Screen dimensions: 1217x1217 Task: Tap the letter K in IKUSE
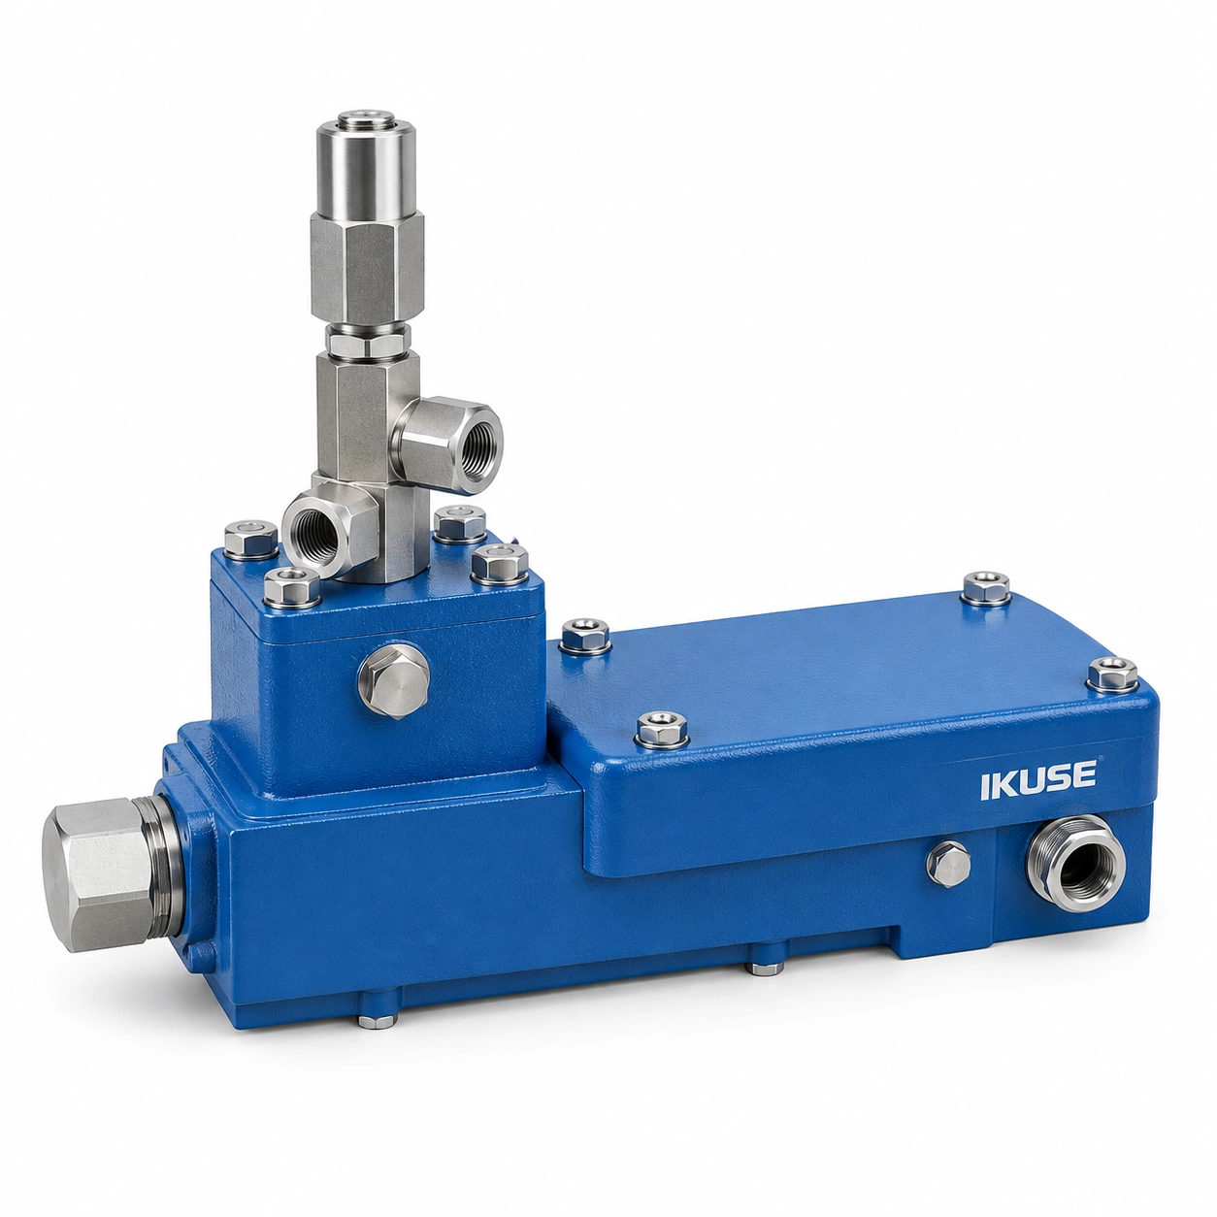1003,787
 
